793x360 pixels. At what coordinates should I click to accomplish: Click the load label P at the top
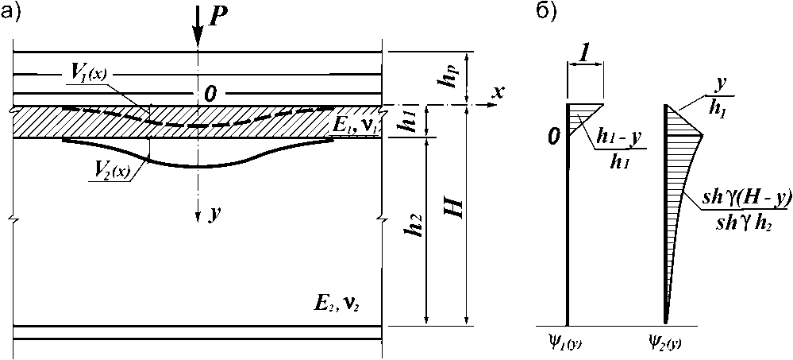pos(217,17)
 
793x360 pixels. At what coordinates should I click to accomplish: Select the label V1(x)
pos(88,73)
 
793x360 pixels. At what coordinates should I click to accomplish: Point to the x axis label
pos(498,92)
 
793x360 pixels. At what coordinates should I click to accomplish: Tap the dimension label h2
pos(412,230)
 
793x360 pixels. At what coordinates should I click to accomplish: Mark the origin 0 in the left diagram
pos(555,137)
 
